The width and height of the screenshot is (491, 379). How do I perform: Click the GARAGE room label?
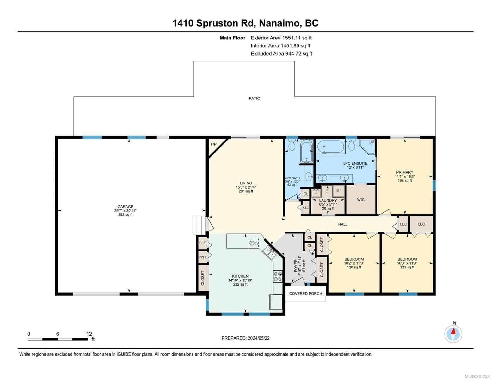125,206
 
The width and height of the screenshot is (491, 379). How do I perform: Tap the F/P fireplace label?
213,144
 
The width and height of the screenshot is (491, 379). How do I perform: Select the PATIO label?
255,99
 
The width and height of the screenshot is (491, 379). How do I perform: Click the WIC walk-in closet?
361,200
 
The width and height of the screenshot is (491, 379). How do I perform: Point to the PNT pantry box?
202,257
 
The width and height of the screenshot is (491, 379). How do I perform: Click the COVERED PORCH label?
305,294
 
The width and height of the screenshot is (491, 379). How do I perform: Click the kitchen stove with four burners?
278,276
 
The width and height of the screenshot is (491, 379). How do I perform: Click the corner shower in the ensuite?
367,147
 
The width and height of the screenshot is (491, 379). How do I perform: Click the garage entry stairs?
199,226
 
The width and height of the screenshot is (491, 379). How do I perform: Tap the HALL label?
342,224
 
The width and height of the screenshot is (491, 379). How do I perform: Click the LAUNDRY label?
328,200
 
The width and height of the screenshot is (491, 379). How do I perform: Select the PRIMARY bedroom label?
404,172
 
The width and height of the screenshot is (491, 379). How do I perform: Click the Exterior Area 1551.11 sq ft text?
281,38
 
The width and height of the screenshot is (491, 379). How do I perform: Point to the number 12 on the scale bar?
89,334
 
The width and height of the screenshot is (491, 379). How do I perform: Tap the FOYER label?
296,266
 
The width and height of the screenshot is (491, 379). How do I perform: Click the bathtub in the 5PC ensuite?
331,147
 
